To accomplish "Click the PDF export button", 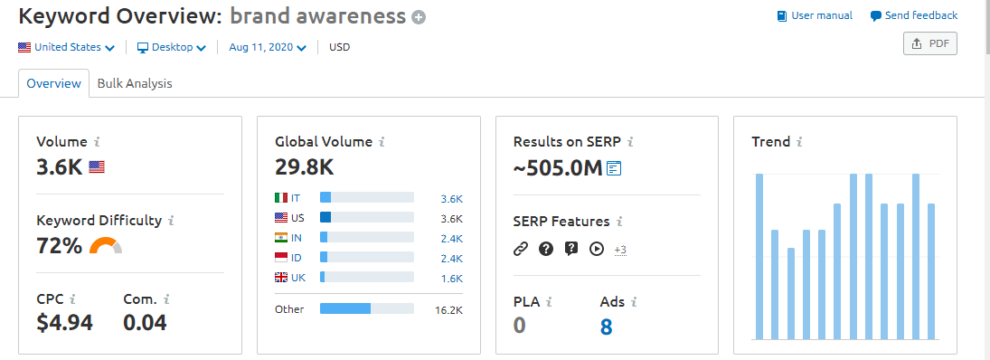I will point(929,43).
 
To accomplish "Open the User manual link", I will point(815,15).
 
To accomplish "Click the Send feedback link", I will point(914,15).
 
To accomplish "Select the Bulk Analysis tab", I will point(135,83).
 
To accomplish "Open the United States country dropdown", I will point(66,47).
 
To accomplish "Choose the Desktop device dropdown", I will point(172,47).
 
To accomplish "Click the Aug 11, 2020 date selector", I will point(268,47).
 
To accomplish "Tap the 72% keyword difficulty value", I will point(59,245).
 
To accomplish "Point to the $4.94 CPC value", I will point(64,322).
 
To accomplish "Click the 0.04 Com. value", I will point(145,322).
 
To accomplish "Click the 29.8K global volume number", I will point(304,166).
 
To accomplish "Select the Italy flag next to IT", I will point(280,197).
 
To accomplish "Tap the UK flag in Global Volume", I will point(280,277).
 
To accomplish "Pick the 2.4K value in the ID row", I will point(451,257).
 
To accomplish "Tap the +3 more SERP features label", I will point(620,249).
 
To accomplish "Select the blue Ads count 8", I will point(606,326).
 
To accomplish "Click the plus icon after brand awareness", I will point(418,17).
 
